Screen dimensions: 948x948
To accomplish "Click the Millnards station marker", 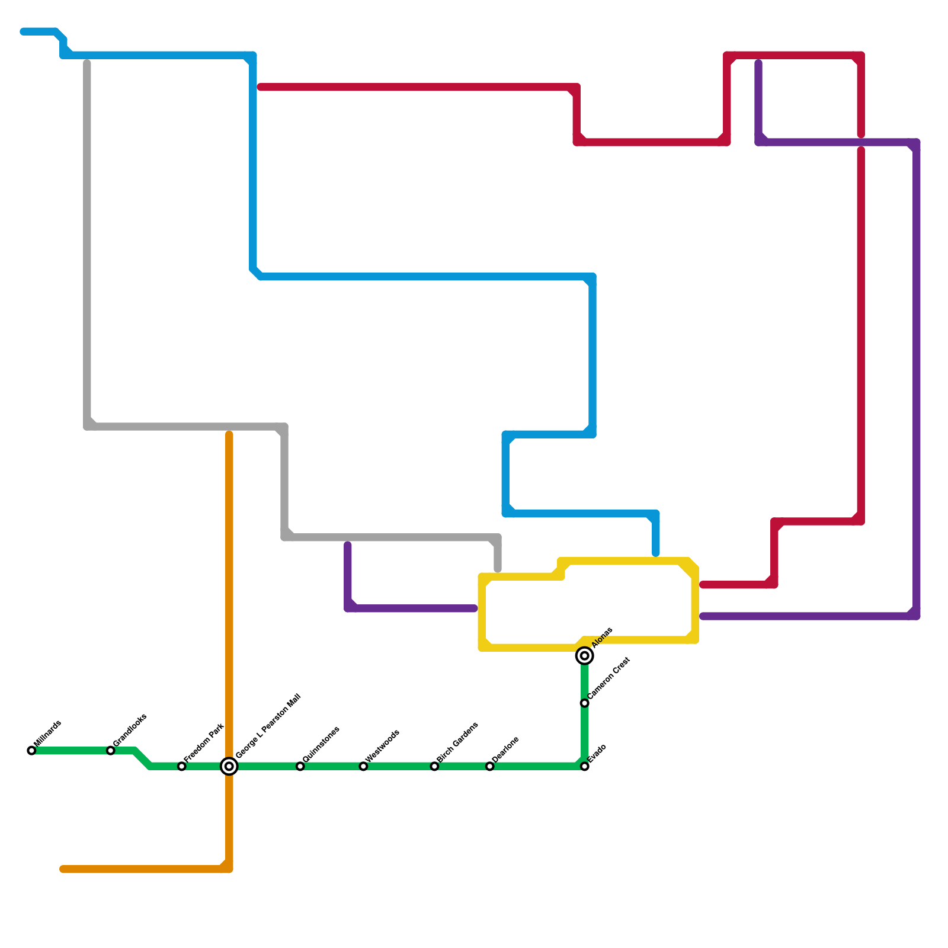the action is click(31, 751).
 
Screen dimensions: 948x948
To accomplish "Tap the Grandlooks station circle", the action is click(111, 751).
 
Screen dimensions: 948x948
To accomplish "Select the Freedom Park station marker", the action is click(182, 767).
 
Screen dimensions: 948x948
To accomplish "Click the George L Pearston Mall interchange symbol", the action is click(229, 767).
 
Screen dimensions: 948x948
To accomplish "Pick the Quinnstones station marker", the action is click(300, 767).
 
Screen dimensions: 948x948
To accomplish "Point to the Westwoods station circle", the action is click(363, 767).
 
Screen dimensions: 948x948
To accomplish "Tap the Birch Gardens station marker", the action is click(434, 767).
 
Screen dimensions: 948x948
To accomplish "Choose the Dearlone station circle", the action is click(490, 767).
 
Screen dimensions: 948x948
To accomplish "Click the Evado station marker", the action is click(585, 767).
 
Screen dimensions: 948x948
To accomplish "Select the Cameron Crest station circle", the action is click(585, 703).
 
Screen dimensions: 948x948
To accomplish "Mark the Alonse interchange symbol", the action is click(585, 656).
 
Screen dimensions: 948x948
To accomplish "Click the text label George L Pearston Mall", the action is click(268, 726).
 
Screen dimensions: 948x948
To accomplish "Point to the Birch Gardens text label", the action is click(457, 742).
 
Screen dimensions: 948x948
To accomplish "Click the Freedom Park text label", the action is click(204, 743).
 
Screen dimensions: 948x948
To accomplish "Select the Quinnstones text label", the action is click(321, 744).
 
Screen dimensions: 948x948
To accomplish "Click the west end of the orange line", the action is click(63, 869).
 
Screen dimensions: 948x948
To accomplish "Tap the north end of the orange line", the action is click(229, 435).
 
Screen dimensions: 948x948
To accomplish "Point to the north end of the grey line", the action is click(87, 62).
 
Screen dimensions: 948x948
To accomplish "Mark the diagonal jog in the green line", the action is click(142, 759).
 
